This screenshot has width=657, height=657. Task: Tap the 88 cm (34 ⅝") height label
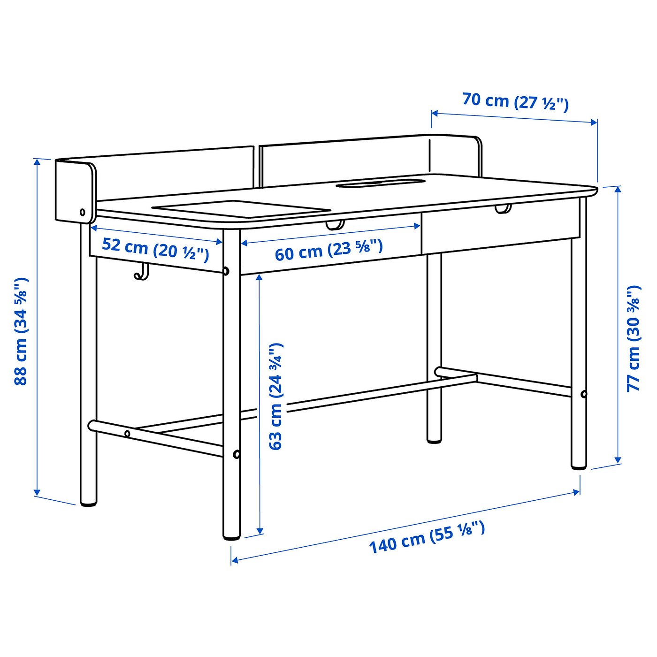[21, 331]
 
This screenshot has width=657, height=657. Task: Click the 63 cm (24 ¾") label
[275, 397]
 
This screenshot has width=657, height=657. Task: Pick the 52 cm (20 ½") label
[155, 249]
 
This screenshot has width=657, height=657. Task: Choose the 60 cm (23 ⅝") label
[328, 250]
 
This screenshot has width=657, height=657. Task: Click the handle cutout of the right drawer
[503, 208]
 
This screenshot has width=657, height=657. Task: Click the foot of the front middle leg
[231, 534]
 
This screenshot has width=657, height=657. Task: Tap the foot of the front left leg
[88, 502]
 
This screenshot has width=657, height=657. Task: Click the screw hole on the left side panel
[83, 212]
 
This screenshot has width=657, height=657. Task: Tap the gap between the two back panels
[257, 167]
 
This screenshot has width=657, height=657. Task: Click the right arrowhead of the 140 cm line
[578, 491]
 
